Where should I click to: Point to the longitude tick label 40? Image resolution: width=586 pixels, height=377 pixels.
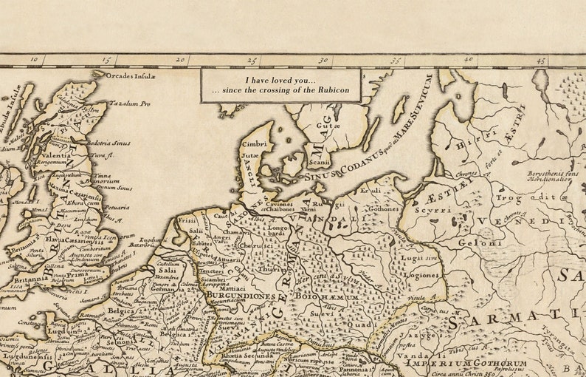[468, 60]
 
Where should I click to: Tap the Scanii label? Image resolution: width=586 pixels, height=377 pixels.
[318, 163]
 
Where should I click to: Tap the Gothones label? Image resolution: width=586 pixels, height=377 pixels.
[383, 209]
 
